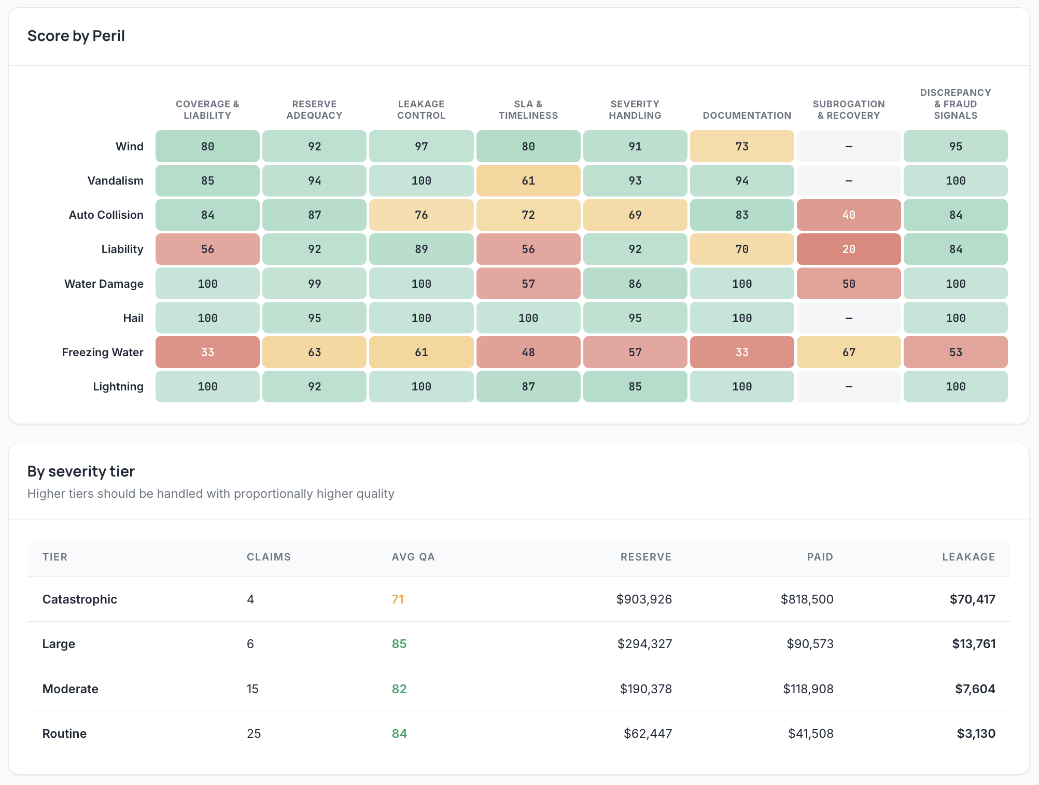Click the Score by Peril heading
(x=76, y=36)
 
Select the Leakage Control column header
(x=422, y=110)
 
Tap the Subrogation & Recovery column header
(x=849, y=110)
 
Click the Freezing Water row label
(x=103, y=353)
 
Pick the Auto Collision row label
(x=106, y=215)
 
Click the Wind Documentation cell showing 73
(x=742, y=146)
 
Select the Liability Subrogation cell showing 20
(x=849, y=249)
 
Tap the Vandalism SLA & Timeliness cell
(x=528, y=180)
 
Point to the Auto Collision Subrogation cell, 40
(x=849, y=215)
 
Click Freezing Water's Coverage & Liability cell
(x=207, y=353)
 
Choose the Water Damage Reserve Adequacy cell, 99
(x=314, y=284)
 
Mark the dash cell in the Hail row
(x=849, y=318)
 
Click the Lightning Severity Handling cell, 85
(x=635, y=387)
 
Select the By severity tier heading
(x=81, y=471)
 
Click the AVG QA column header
(x=413, y=557)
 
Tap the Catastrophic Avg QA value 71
(x=398, y=599)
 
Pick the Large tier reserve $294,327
(x=644, y=644)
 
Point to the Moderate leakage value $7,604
(x=975, y=689)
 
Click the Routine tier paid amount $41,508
(x=810, y=734)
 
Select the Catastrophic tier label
(x=80, y=599)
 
